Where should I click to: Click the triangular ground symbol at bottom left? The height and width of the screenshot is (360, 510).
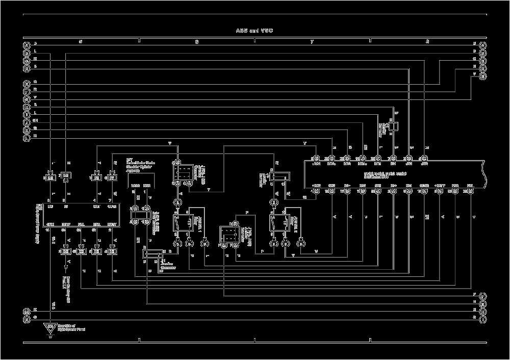pyautogui.click(x=50, y=328)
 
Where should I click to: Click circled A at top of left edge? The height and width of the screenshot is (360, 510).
pyautogui.click(x=27, y=44)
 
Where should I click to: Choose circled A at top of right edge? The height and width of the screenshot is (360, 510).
pyautogui.click(x=482, y=44)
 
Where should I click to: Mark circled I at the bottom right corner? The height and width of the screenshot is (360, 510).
pyautogui.click(x=482, y=319)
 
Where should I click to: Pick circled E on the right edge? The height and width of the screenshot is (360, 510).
pyautogui.click(x=482, y=76)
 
